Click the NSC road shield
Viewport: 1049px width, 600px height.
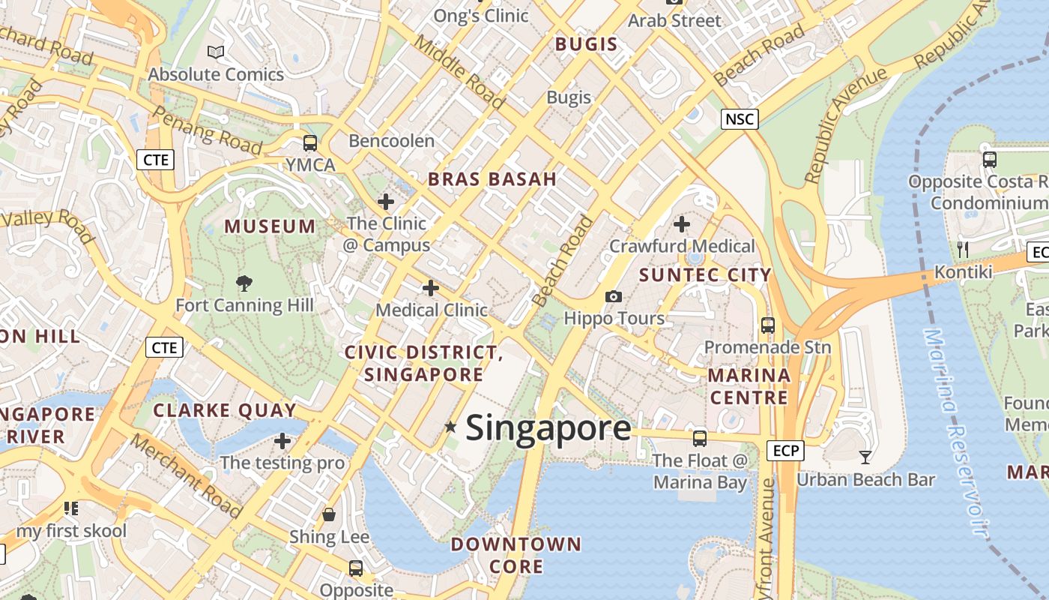tap(740, 118)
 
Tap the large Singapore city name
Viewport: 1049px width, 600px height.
tap(548, 428)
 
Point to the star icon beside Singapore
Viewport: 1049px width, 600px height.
tap(450, 427)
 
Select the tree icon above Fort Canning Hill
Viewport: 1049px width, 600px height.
tap(244, 283)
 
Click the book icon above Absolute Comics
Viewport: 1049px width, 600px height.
tap(216, 52)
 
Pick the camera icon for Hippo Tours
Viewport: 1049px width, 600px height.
tap(614, 296)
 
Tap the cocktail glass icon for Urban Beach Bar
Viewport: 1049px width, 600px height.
tap(865, 457)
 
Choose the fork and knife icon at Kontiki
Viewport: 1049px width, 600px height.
tap(964, 249)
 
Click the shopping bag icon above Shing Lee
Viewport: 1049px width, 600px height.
tap(328, 514)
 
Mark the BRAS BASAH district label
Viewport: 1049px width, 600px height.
tap(492, 179)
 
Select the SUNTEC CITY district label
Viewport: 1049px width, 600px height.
tap(705, 275)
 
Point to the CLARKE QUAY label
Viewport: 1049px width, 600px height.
tap(225, 410)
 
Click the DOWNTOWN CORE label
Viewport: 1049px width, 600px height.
tap(516, 555)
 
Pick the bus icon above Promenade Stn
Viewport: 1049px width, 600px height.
tap(767, 325)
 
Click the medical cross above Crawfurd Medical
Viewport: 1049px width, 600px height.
tap(682, 223)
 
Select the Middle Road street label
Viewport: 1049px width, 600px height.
tap(460, 72)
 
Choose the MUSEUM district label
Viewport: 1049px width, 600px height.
tap(270, 226)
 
